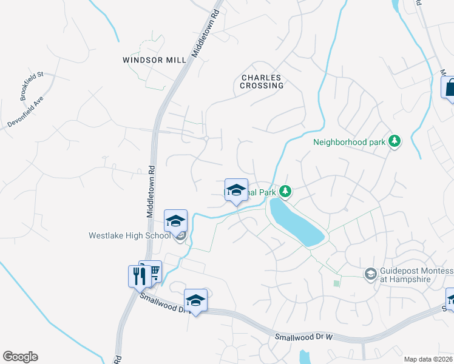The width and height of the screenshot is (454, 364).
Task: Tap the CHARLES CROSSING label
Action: point(262,81)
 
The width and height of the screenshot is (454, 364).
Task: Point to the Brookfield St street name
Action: point(32,86)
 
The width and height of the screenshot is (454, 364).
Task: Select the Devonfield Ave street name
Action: point(26,110)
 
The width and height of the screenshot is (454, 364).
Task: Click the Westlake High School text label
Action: point(129,235)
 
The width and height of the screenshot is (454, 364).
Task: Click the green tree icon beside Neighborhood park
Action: point(395,141)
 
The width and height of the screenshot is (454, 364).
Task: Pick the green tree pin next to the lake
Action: point(285,192)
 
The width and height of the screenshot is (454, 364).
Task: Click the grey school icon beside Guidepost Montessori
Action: point(370,275)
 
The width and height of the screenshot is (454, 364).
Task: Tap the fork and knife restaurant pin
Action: point(139,276)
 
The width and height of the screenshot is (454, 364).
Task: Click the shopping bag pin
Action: point(450,87)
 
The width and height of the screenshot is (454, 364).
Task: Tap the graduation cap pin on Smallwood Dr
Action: point(195,300)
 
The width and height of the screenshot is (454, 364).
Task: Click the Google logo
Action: point(20,357)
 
